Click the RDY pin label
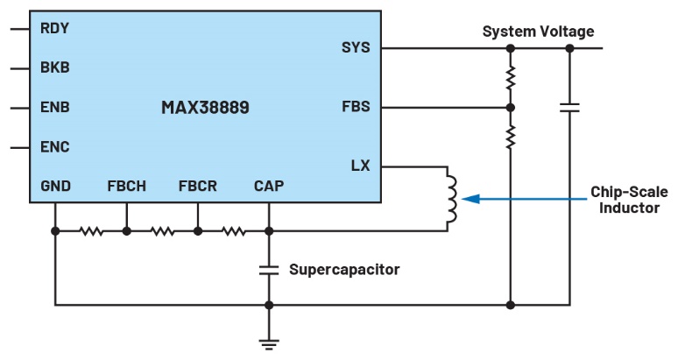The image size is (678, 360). [x=54, y=28]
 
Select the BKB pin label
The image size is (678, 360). [x=54, y=67]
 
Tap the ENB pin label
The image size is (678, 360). [x=54, y=108]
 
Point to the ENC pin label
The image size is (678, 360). [x=54, y=146]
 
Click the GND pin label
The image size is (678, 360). [x=55, y=186]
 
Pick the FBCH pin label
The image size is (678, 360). [x=127, y=186]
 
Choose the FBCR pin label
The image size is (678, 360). [x=197, y=186]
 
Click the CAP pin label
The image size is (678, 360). [x=268, y=186]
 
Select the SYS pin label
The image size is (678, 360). [x=356, y=47]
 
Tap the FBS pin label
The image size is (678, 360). [x=356, y=108]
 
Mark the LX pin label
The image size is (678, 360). [x=360, y=166]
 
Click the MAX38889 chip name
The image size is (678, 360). [x=205, y=108]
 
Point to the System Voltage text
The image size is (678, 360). [x=538, y=32]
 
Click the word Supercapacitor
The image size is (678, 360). [x=344, y=269]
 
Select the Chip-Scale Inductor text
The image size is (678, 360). [x=625, y=199]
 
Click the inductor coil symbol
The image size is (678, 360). [x=452, y=199]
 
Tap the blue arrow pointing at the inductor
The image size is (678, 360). [x=508, y=199]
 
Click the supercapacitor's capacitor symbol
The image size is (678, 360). [x=269, y=269]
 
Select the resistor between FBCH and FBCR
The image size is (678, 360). [x=162, y=231]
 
